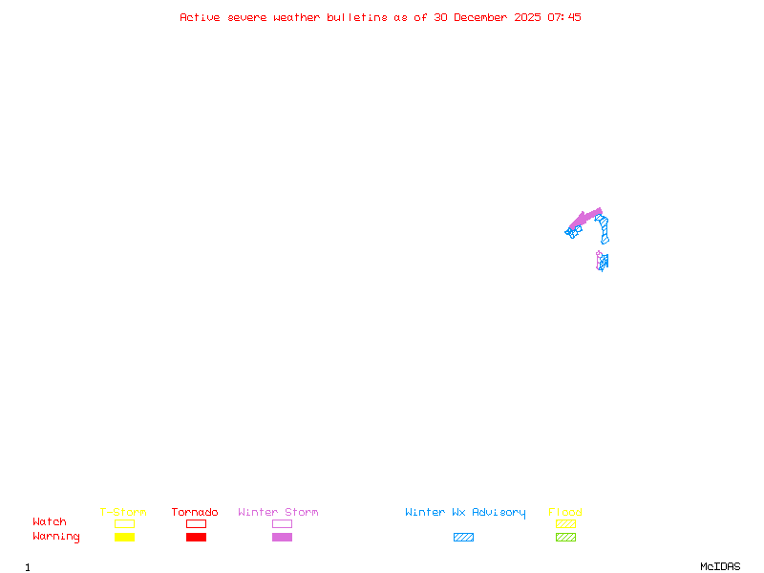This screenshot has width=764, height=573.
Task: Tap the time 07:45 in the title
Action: (563, 17)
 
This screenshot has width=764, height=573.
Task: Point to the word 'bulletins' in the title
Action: (357, 17)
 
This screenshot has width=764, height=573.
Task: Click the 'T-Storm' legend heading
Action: (123, 512)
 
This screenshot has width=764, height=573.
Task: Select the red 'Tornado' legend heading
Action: (195, 512)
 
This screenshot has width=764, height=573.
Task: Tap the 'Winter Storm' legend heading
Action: (278, 512)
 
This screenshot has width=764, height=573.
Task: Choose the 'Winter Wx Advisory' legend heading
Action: (465, 512)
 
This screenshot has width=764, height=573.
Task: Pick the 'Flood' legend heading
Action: (565, 512)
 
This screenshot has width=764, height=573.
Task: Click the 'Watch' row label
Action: (50, 522)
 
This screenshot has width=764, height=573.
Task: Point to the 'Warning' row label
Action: (56, 537)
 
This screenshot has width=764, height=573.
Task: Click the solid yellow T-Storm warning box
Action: (124, 537)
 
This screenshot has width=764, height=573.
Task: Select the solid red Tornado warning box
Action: (196, 537)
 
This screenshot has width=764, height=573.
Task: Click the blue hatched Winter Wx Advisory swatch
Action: (463, 537)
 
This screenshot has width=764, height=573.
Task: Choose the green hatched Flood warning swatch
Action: (565, 537)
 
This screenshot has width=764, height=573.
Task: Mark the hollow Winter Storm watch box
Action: (282, 523)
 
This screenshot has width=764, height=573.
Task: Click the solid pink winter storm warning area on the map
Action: (585, 218)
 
